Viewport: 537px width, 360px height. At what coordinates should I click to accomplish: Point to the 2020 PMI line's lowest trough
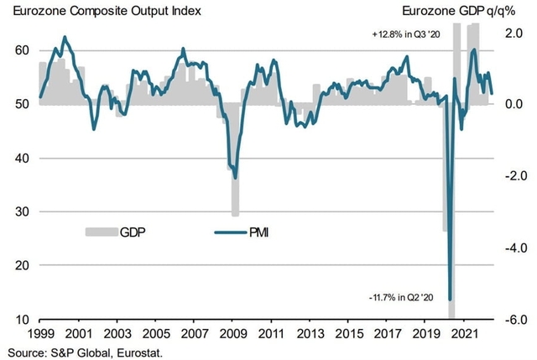[450, 298]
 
